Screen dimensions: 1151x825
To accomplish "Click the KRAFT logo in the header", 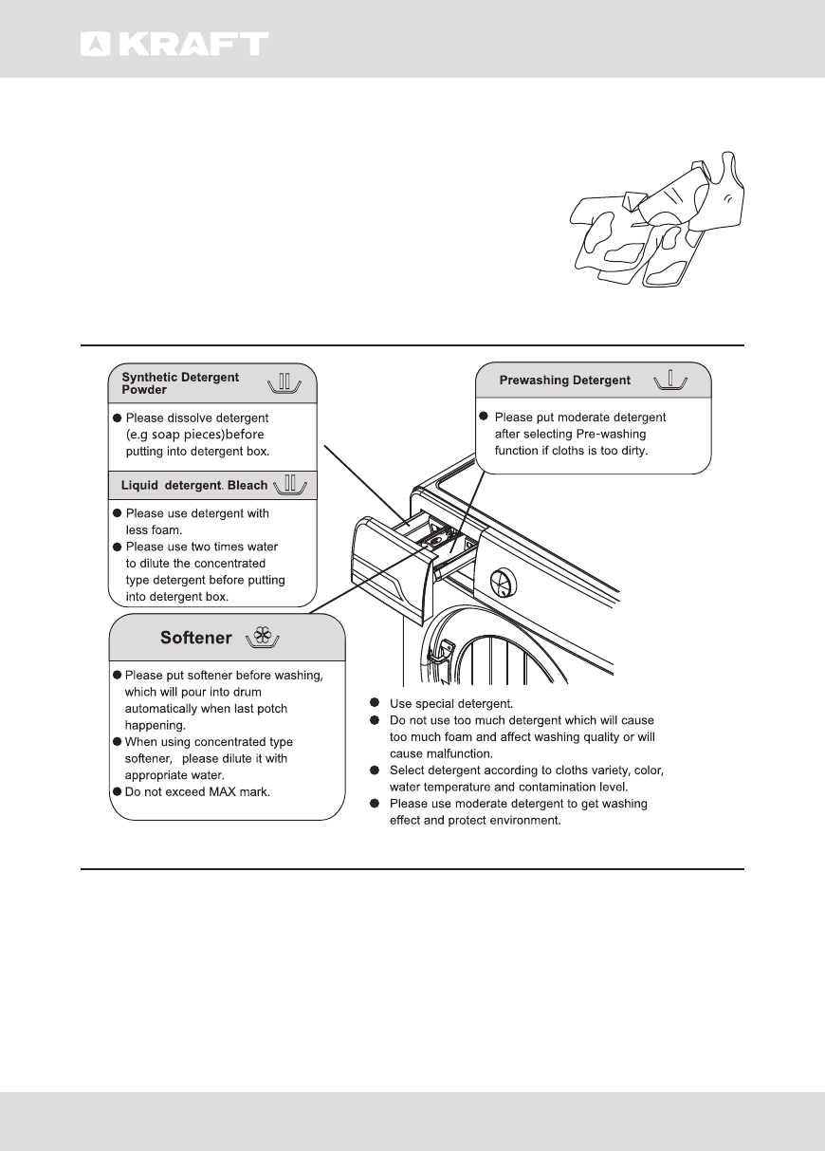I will point(174,44).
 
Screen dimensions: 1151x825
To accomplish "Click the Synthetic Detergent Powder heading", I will point(180,383).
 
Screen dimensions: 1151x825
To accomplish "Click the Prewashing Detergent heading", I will point(565,381).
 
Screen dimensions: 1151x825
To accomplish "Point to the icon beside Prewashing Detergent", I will point(670,381).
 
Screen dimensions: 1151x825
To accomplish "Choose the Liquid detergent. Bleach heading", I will point(194,486).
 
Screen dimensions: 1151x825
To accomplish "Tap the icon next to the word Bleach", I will point(291,485).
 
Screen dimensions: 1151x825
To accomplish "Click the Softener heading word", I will point(195,638).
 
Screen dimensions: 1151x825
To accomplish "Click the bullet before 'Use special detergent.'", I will point(376,704).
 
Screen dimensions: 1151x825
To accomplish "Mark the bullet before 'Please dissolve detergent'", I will point(117,418).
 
